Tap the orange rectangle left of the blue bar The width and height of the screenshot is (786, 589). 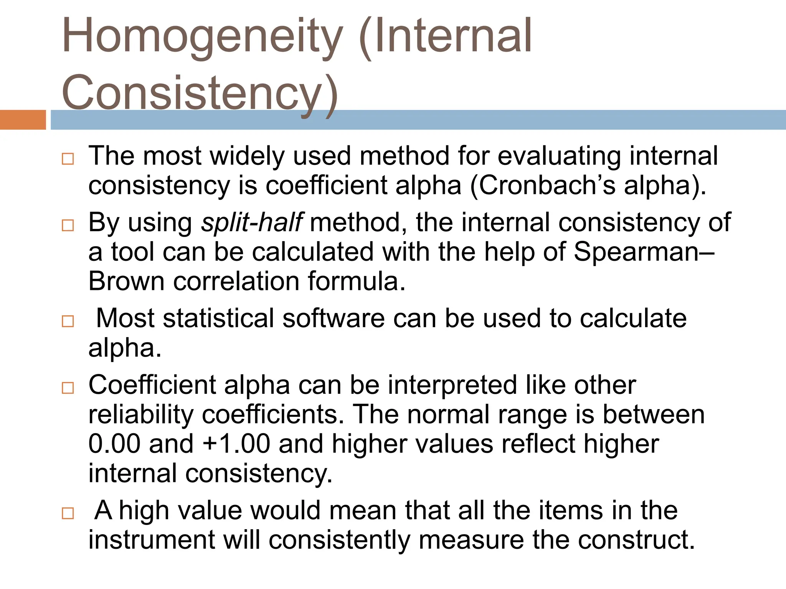pos(23,120)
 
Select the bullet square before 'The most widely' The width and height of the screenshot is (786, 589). pos(68,158)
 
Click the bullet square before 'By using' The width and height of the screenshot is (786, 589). pos(68,225)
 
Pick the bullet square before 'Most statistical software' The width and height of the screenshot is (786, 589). pos(68,321)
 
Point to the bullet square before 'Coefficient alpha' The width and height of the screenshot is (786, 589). pos(68,388)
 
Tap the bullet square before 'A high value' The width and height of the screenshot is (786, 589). pos(68,513)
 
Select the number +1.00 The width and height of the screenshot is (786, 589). pos(236,444)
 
